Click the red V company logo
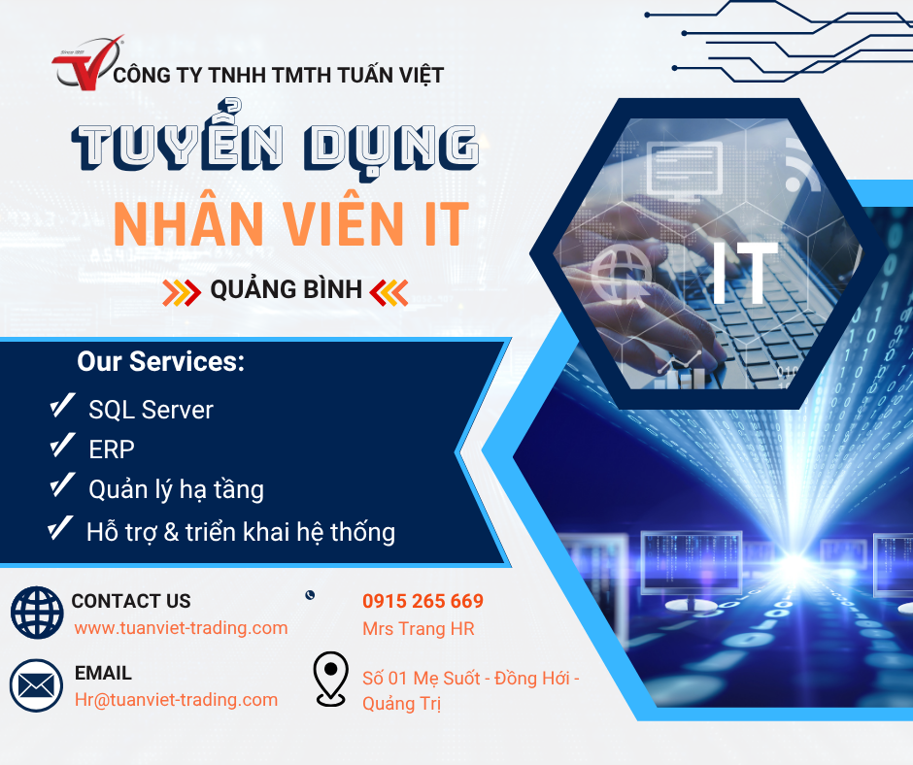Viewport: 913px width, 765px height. coord(87,63)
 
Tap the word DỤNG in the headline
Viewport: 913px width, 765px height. coord(390,148)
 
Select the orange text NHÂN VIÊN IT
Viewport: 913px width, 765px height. coord(291,223)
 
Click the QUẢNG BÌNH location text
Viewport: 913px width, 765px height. coord(286,289)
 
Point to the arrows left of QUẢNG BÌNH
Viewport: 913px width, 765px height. coord(182,292)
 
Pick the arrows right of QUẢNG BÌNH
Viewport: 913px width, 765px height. coord(389,292)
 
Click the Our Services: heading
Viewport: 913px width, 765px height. coord(160,361)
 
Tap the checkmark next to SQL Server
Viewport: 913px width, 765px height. coord(62,406)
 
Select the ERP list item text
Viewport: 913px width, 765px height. coord(112,449)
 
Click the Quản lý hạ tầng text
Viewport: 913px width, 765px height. coord(176,489)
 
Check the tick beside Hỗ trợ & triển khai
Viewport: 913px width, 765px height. coord(60,529)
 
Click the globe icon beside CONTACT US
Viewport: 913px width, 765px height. coord(37,612)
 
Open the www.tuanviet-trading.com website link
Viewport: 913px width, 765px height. coord(181,627)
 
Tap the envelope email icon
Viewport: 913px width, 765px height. coord(36,685)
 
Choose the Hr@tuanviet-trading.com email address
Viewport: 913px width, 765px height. coord(176,700)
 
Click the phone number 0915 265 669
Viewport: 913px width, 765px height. coord(423,601)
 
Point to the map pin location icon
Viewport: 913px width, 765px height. coord(331,679)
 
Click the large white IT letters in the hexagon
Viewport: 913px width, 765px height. coord(745,272)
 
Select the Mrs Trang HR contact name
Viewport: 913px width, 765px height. coord(418,629)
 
